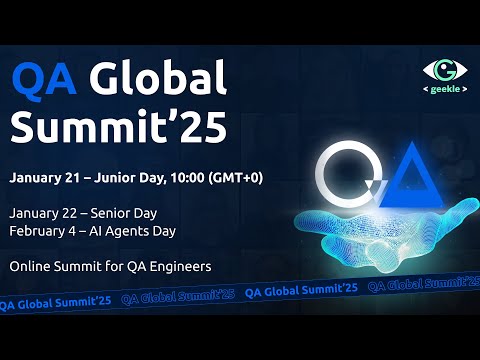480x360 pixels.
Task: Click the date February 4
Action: click(x=47, y=231)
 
